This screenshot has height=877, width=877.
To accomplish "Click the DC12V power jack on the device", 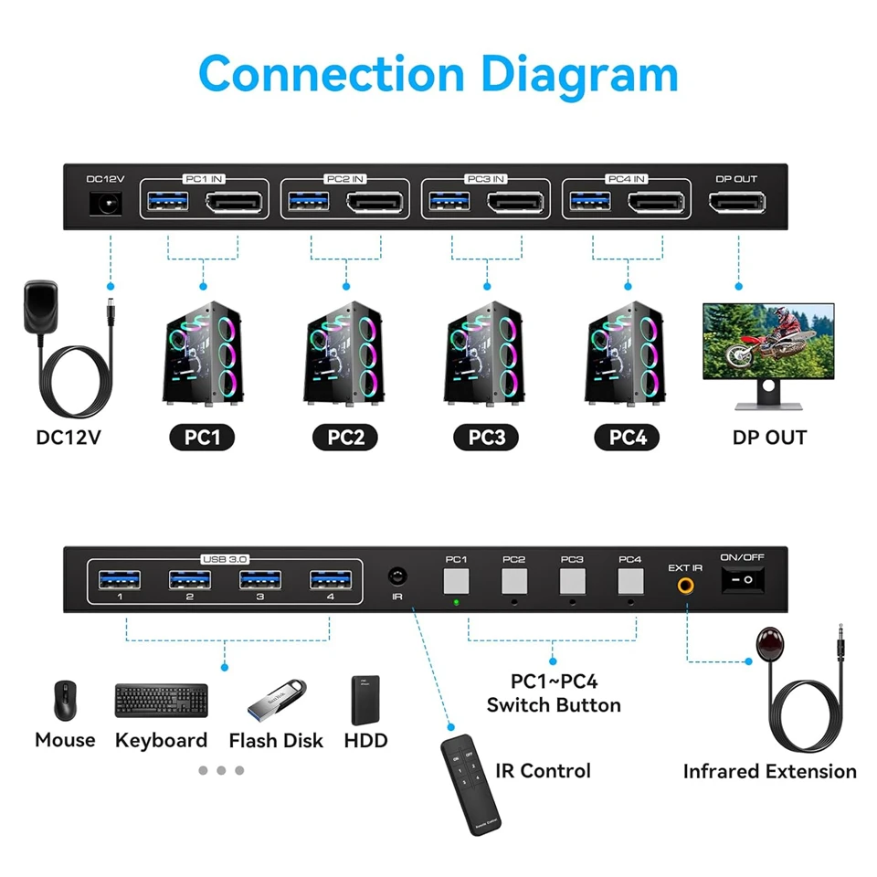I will pos(105,204).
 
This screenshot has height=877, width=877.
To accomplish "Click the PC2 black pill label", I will pos(346,438).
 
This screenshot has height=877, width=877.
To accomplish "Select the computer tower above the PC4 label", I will pos(624,352).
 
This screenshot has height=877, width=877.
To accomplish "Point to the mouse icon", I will pos(64,700).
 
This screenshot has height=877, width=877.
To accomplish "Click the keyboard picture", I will pos(161,701).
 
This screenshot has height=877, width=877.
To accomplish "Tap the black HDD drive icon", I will pos(365,700).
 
